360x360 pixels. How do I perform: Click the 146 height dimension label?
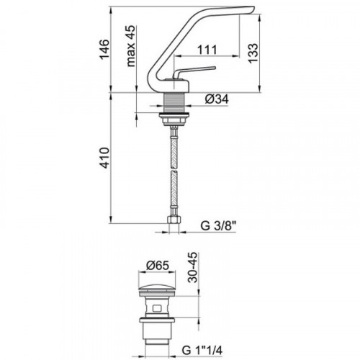click(x=104, y=50)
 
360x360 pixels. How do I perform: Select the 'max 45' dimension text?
click(x=131, y=46)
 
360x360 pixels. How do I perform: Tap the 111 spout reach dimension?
click(x=207, y=50)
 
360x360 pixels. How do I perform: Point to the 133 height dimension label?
click(x=253, y=53)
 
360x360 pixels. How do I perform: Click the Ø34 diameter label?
click(x=217, y=99)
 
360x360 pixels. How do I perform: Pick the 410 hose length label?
click(x=104, y=158)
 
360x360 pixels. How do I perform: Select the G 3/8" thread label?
click(x=218, y=226)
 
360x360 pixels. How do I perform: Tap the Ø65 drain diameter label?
click(x=158, y=266)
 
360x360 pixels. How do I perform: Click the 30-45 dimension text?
click(x=193, y=267)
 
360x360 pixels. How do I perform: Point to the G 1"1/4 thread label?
click(x=202, y=351)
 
